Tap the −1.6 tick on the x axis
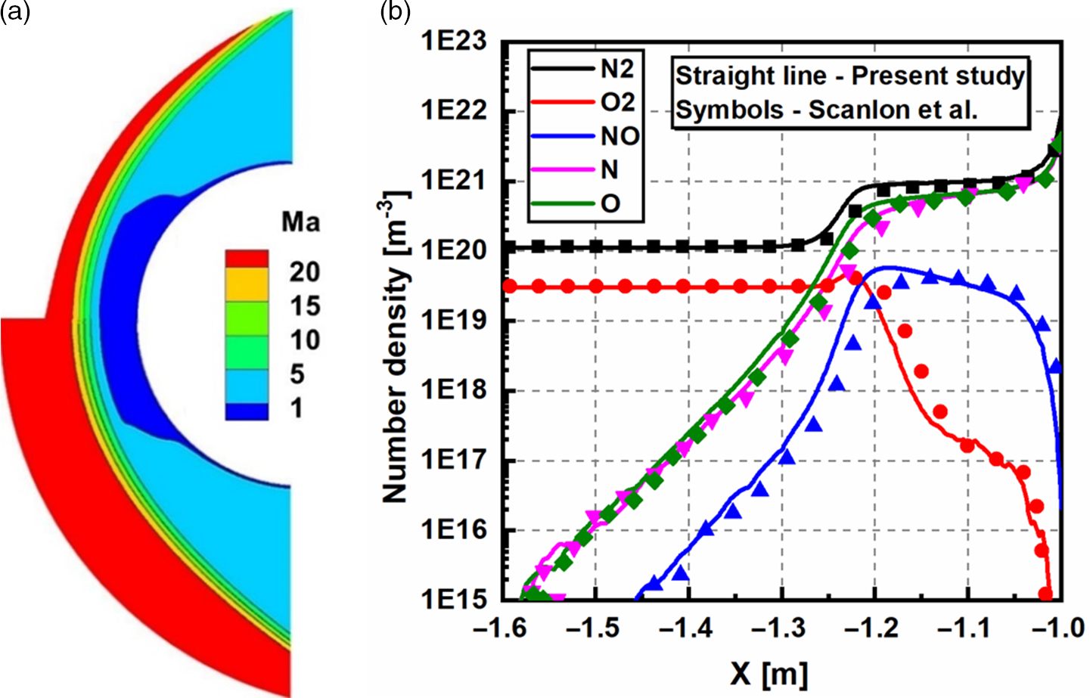[502, 628]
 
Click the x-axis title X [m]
[769, 672]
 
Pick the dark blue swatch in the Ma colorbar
[247, 411]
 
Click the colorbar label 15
[305, 306]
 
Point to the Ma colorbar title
[301, 222]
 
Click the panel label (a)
[15, 12]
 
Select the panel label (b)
[396, 12]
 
